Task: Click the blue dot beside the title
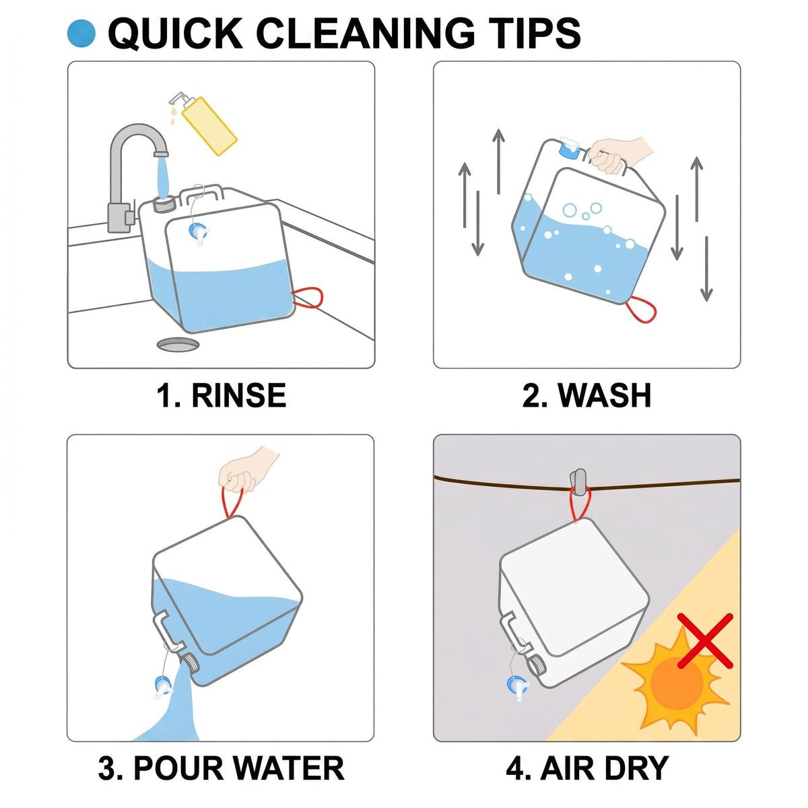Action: pyautogui.click(x=81, y=33)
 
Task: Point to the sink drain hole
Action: pyautogui.click(x=178, y=345)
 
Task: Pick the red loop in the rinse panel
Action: pyautogui.click(x=308, y=298)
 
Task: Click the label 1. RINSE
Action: pyautogui.click(x=221, y=395)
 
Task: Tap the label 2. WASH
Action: pyautogui.click(x=587, y=395)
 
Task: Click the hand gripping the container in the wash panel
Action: pyautogui.click(x=619, y=154)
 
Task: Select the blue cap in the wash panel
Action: pyautogui.click(x=570, y=149)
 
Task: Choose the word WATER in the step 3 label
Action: pyautogui.click(x=288, y=768)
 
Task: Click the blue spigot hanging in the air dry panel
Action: pyautogui.click(x=517, y=687)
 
